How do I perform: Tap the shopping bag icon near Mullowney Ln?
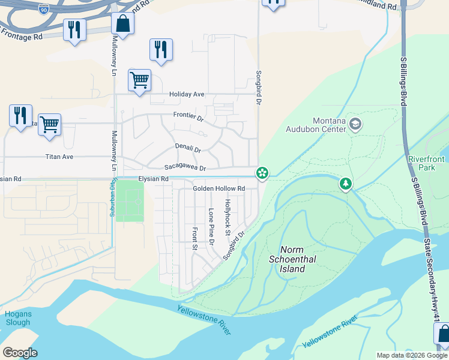coord(122,25)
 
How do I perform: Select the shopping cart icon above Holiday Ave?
coord(139,80)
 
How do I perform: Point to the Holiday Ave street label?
coord(187,94)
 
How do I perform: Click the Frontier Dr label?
coord(188,116)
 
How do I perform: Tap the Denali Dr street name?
coord(188,147)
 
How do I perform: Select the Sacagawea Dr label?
coord(185,168)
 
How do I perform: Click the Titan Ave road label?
coord(59,157)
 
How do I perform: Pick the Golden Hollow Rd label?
coord(219,188)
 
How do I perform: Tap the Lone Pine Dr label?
coord(211,227)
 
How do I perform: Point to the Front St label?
coord(195,238)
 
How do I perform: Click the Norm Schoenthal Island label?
coord(300,259)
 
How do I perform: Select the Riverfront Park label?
coord(426,163)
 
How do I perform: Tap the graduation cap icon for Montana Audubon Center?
coord(355,124)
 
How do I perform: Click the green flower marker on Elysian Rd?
coord(262,173)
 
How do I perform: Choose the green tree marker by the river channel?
coord(346,184)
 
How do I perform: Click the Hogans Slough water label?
coord(17,318)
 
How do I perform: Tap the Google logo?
coord(20,352)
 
